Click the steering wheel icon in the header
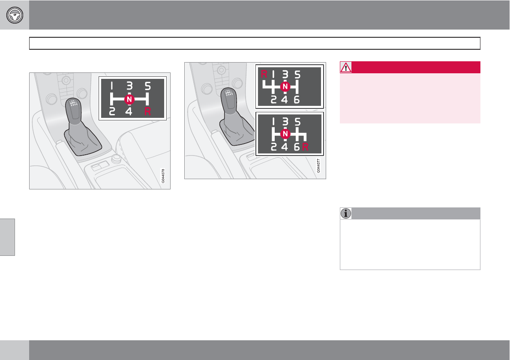[15, 15]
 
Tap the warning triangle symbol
[346, 67]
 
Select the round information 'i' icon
[346, 213]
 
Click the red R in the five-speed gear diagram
[148, 111]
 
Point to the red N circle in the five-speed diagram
[129, 99]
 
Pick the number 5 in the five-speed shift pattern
[148, 86]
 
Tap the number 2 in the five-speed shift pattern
[112, 111]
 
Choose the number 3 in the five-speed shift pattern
[129, 86]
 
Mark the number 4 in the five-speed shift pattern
[129, 111]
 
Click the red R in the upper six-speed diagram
[264, 74]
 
